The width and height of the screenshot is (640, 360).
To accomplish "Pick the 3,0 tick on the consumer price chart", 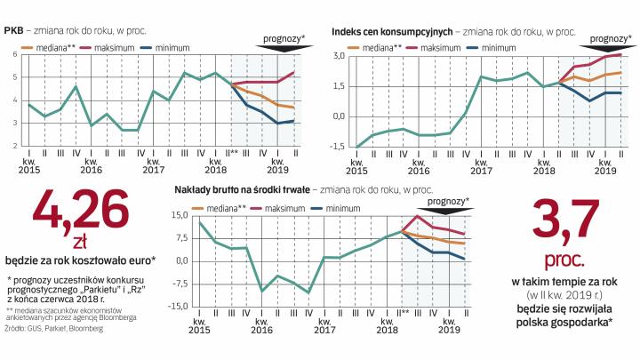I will pyautogui.click(x=338, y=56).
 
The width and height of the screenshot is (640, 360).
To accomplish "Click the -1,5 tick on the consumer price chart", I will pyautogui.click(x=336, y=147).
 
